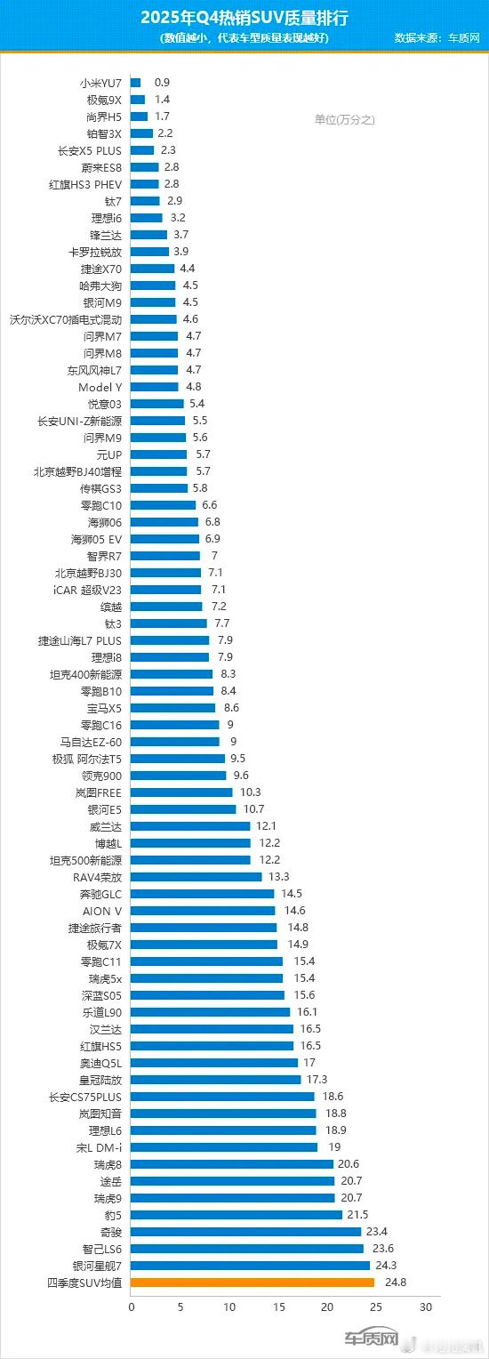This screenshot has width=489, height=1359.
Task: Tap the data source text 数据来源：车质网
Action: tap(437, 38)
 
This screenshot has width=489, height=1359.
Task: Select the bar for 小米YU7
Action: tap(135, 83)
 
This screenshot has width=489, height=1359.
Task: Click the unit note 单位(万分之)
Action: tap(344, 120)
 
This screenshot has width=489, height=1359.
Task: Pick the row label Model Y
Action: tap(100, 387)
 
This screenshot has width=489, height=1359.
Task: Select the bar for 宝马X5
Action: tap(173, 708)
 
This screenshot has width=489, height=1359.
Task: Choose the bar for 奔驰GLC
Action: tap(203, 894)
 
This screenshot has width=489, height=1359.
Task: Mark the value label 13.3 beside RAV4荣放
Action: tap(279, 877)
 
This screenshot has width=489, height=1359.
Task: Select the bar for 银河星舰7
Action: tap(250, 1266)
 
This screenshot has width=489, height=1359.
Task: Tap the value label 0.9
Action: tap(162, 83)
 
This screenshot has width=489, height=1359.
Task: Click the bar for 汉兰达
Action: tap(212, 1029)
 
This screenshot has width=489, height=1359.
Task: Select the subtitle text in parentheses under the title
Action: tap(244, 38)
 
